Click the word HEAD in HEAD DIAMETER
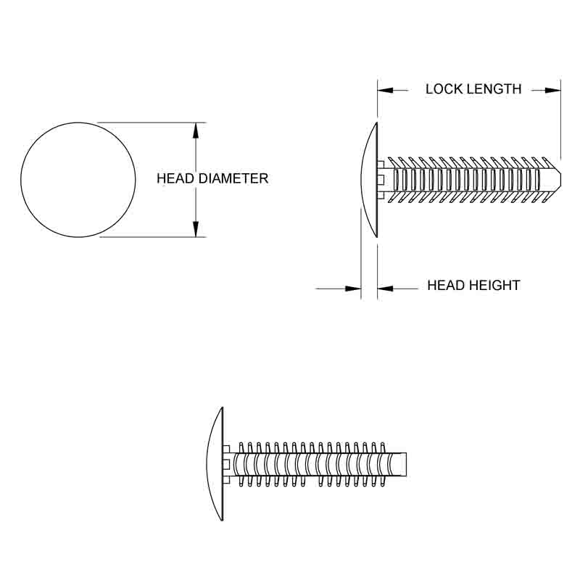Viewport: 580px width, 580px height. pos(174,178)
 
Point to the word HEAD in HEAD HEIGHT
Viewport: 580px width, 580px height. pos(445,286)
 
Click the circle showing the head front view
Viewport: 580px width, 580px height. pos(78,180)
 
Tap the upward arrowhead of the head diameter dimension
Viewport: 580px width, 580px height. pos(196,130)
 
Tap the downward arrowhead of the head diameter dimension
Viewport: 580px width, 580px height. pos(196,228)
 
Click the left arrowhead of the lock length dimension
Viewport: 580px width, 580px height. pos(385,90)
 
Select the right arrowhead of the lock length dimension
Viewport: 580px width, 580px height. pos(553,90)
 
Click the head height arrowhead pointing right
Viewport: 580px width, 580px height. pos(354,289)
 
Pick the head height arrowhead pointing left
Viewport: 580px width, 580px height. pos(385,289)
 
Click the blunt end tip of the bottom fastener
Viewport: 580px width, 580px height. pos(408,462)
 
